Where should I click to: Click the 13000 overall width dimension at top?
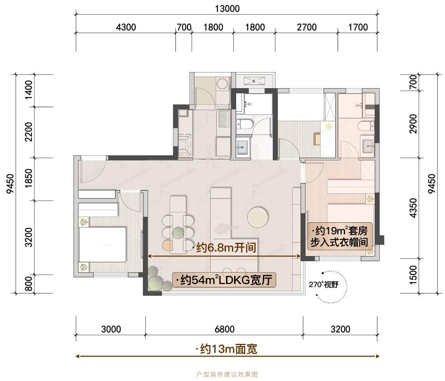pyautogui.click(x=227, y=9)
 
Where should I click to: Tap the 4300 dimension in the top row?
pyautogui.click(x=126, y=27)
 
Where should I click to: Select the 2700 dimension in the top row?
pyautogui.click(x=307, y=27)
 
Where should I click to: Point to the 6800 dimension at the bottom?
pyautogui.click(x=225, y=329)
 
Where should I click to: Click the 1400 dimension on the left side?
pyautogui.click(x=28, y=90)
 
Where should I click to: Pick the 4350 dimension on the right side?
pyautogui.click(x=414, y=208)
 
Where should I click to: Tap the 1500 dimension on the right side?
pyautogui.click(x=414, y=275)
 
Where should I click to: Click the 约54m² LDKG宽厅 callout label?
pyautogui.click(x=224, y=280)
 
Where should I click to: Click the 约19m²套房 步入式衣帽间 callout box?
pyautogui.click(x=340, y=236)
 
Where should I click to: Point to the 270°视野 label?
pyautogui.click(x=324, y=285)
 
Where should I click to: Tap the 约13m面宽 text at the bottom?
pyautogui.click(x=227, y=349)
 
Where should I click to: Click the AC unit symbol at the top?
pyautogui.click(x=254, y=81)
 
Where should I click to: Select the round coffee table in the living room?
pyautogui.click(x=258, y=217)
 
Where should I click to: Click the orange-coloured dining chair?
pyautogui.click(x=168, y=245)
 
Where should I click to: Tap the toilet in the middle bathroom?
pyautogui.click(x=245, y=124)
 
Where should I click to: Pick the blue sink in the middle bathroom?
pyautogui.click(x=242, y=147)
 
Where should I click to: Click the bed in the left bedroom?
pyautogui.click(x=102, y=244)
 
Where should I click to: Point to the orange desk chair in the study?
pyautogui.click(x=317, y=139)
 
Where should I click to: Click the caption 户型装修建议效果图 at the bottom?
pyautogui.click(x=227, y=374)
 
